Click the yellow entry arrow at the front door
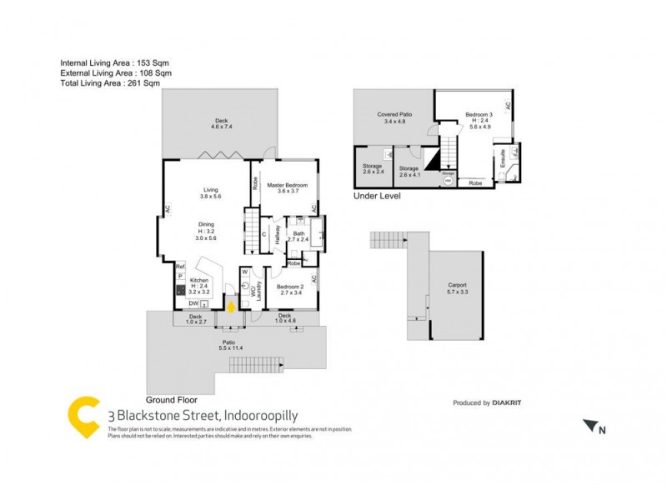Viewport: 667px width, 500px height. (x=230, y=306)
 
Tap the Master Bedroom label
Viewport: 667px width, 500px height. (x=287, y=185)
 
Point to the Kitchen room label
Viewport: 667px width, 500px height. (x=198, y=281)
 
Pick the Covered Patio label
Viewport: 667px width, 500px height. (x=394, y=114)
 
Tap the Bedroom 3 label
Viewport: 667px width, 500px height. (x=479, y=113)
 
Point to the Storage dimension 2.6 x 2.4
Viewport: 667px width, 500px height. (x=373, y=172)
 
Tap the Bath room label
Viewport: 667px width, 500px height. (x=298, y=233)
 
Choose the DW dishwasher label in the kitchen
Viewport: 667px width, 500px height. (x=193, y=304)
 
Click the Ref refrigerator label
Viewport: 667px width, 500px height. (x=179, y=266)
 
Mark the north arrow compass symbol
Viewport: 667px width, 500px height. (x=593, y=427)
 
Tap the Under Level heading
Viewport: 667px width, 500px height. (x=378, y=197)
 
